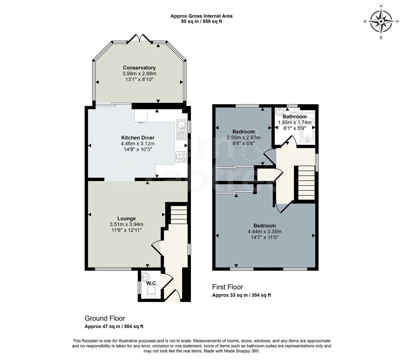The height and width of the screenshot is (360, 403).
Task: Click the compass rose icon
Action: coord(381,21)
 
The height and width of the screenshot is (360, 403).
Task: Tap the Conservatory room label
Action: coord(139,68)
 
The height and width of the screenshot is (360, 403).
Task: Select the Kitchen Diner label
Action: coord(138,138)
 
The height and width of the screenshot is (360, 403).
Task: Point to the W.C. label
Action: coord(152,283)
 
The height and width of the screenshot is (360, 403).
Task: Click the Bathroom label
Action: coord(295,117)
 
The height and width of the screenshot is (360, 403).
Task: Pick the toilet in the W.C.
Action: coord(151,293)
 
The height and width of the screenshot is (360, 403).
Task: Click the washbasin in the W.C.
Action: coord(145,276)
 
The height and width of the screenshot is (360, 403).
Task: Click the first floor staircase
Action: coord(306,183)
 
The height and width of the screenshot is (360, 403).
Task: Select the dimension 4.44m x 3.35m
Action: coord(265,232)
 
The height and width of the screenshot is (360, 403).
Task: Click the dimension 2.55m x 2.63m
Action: coord(244,137)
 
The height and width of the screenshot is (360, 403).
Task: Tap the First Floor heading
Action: coord(228,287)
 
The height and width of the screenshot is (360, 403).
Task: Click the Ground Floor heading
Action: coord(105,318)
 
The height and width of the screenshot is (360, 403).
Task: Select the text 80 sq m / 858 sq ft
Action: coord(201,21)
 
